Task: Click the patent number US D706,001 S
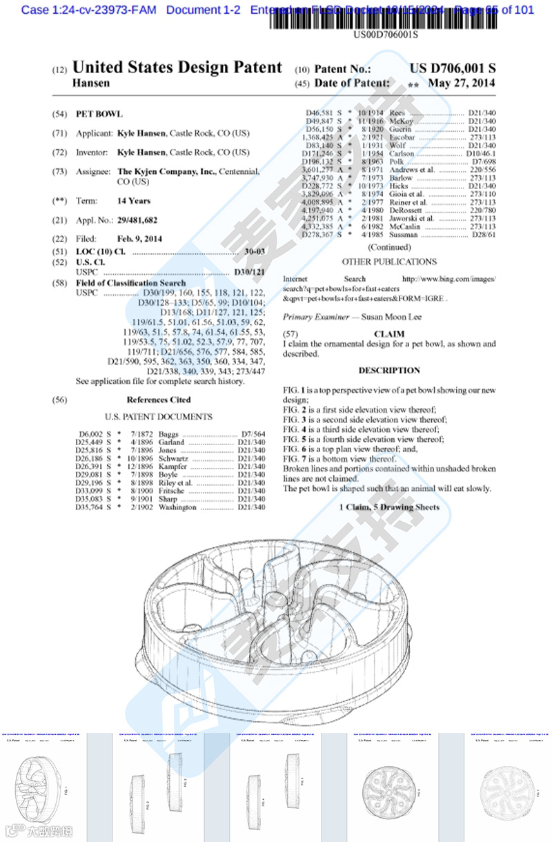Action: (453, 68)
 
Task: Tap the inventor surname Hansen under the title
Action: (91, 83)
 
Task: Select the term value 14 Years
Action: (134, 201)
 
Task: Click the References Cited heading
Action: (159, 400)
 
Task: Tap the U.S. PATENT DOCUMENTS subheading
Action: (159, 417)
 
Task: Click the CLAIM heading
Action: (388, 333)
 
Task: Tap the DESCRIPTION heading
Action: (388, 371)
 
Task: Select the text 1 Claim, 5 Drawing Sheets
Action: (389, 507)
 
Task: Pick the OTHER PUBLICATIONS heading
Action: (389, 262)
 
